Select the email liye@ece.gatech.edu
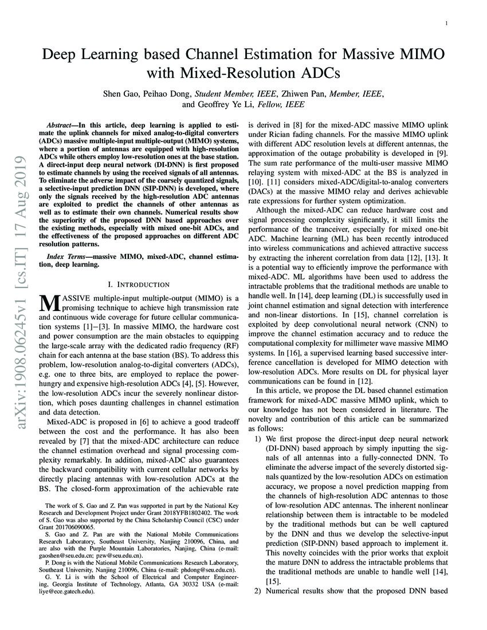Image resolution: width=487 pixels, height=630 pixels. click(x=72, y=593)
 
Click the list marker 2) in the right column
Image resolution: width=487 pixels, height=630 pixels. click(x=258, y=590)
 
